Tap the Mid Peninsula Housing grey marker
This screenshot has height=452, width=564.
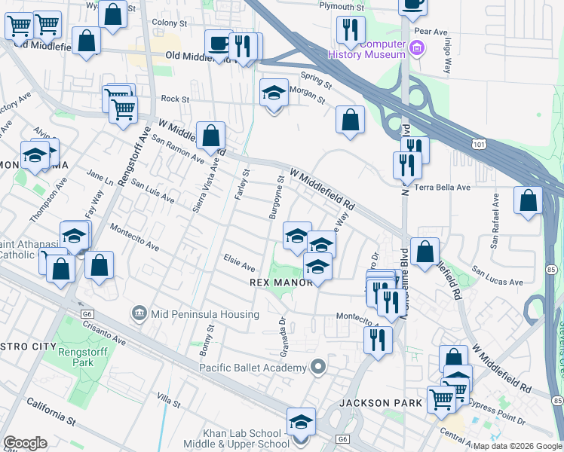(138, 312)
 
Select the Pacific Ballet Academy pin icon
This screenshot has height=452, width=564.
(318, 367)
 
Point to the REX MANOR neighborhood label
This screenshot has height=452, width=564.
(280, 282)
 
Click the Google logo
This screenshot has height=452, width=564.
(26, 443)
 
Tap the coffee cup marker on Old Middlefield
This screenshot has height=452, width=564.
(219, 43)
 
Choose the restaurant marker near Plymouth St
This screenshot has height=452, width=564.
(350, 29)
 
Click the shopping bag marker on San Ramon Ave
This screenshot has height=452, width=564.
(212, 136)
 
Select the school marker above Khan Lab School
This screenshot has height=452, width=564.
(301, 421)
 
